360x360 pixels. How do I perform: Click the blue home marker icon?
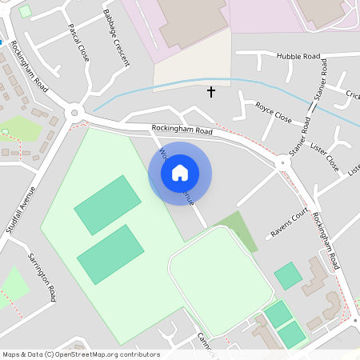180,173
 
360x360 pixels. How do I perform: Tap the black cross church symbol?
211,92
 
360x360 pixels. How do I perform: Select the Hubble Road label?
298,57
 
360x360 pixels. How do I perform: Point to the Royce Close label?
273,111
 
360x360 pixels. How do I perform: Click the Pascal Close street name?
78,42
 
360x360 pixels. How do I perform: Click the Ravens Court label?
289,225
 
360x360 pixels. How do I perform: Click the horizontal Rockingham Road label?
182,130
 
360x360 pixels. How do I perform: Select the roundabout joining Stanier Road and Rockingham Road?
281,162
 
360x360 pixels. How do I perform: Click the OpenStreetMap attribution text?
81,354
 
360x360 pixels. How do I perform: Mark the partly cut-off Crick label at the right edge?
353,95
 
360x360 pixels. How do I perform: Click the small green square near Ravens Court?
288,276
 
